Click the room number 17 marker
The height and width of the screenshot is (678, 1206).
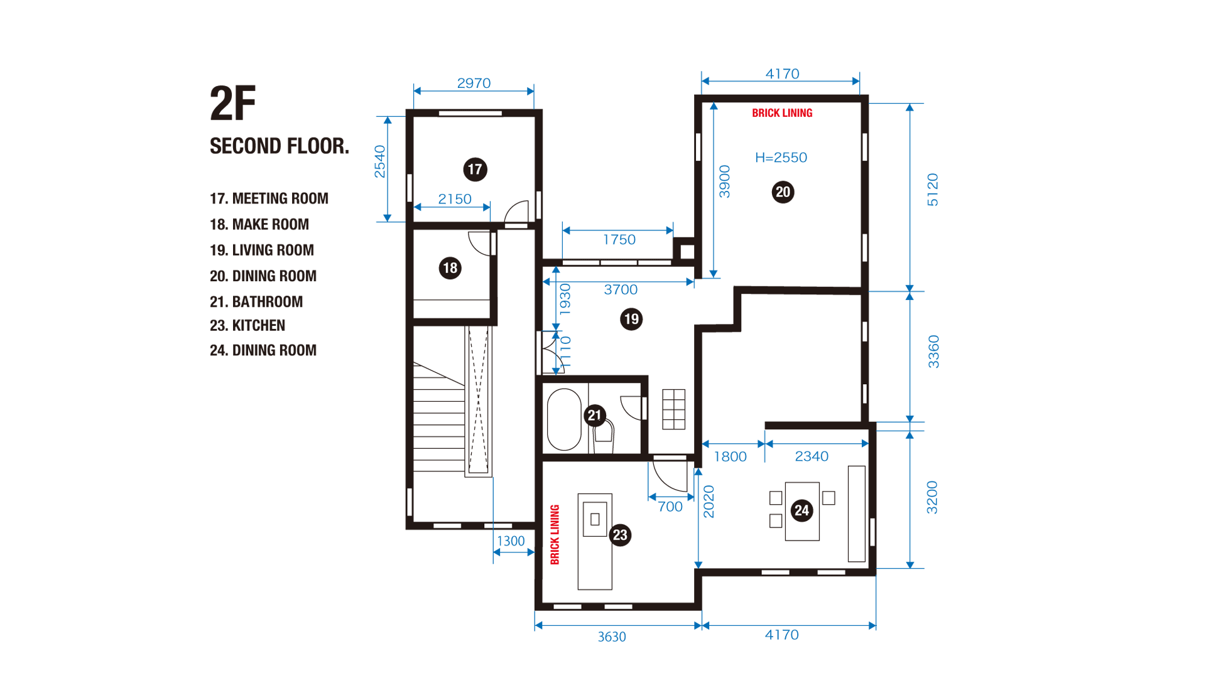pyautogui.click(x=475, y=169)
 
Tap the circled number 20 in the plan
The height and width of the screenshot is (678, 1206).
pyautogui.click(x=783, y=192)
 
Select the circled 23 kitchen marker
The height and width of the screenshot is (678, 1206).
pyautogui.click(x=620, y=535)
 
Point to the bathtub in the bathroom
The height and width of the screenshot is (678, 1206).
pyautogui.click(x=564, y=419)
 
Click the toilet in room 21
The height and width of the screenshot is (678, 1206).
pyautogui.click(x=604, y=435)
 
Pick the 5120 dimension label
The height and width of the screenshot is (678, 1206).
pyautogui.click(x=933, y=190)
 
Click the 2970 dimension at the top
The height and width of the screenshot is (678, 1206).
pyautogui.click(x=474, y=83)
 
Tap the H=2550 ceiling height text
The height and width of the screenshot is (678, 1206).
pyautogui.click(x=781, y=158)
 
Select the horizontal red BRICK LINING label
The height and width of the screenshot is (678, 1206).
pyautogui.click(x=782, y=113)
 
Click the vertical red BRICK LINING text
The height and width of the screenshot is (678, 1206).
pyautogui.click(x=555, y=534)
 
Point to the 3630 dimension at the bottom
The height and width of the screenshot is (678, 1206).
pyautogui.click(x=612, y=637)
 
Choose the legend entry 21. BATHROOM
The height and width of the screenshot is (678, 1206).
pyautogui.click(x=256, y=302)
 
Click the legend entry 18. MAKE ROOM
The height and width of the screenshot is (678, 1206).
pyautogui.click(x=259, y=224)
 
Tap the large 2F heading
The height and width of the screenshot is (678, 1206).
pyautogui.click(x=233, y=104)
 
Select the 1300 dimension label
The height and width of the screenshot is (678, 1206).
pyautogui.click(x=511, y=541)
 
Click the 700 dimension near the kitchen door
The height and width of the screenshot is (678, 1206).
pyautogui.click(x=670, y=507)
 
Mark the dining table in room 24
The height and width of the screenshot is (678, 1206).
pyautogui.click(x=802, y=511)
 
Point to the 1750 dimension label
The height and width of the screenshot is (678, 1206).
pyautogui.click(x=619, y=240)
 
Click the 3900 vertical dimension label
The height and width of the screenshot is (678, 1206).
pyautogui.click(x=724, y=181)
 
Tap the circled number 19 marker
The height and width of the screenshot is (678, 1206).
pyautogui.click(x=631, y=319)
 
